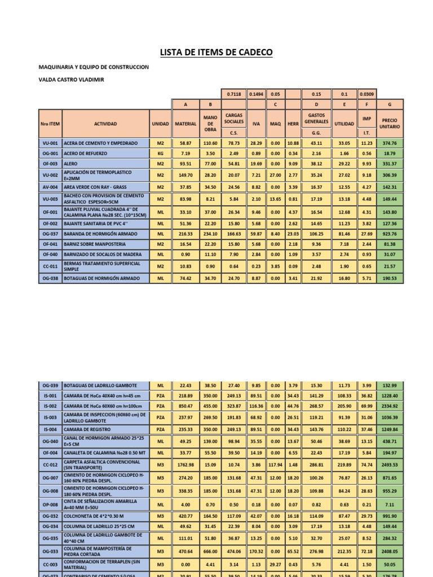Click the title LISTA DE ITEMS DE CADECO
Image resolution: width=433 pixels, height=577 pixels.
[216, 52]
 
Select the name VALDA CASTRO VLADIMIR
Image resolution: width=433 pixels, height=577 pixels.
[71, 79]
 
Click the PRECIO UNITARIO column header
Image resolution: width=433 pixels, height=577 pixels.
[390, 123]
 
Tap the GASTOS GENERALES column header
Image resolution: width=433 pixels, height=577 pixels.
[316, 118]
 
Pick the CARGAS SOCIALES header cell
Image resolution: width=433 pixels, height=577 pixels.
[233, 118]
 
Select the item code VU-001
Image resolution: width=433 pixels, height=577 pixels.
[50, 144]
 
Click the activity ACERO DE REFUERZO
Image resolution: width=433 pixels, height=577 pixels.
[85, 153]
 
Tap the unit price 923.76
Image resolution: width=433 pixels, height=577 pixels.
[390, 233]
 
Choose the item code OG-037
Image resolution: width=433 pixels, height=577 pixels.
[50, 233]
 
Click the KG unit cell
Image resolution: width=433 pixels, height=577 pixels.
[161, 153]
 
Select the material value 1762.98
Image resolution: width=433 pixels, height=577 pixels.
[185, 465]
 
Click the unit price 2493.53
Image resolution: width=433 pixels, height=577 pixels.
[390, 465]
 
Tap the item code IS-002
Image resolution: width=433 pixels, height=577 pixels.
[50, 405]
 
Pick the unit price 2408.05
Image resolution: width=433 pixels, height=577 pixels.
[390, 552]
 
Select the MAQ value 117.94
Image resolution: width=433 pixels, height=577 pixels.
[275, 465]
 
